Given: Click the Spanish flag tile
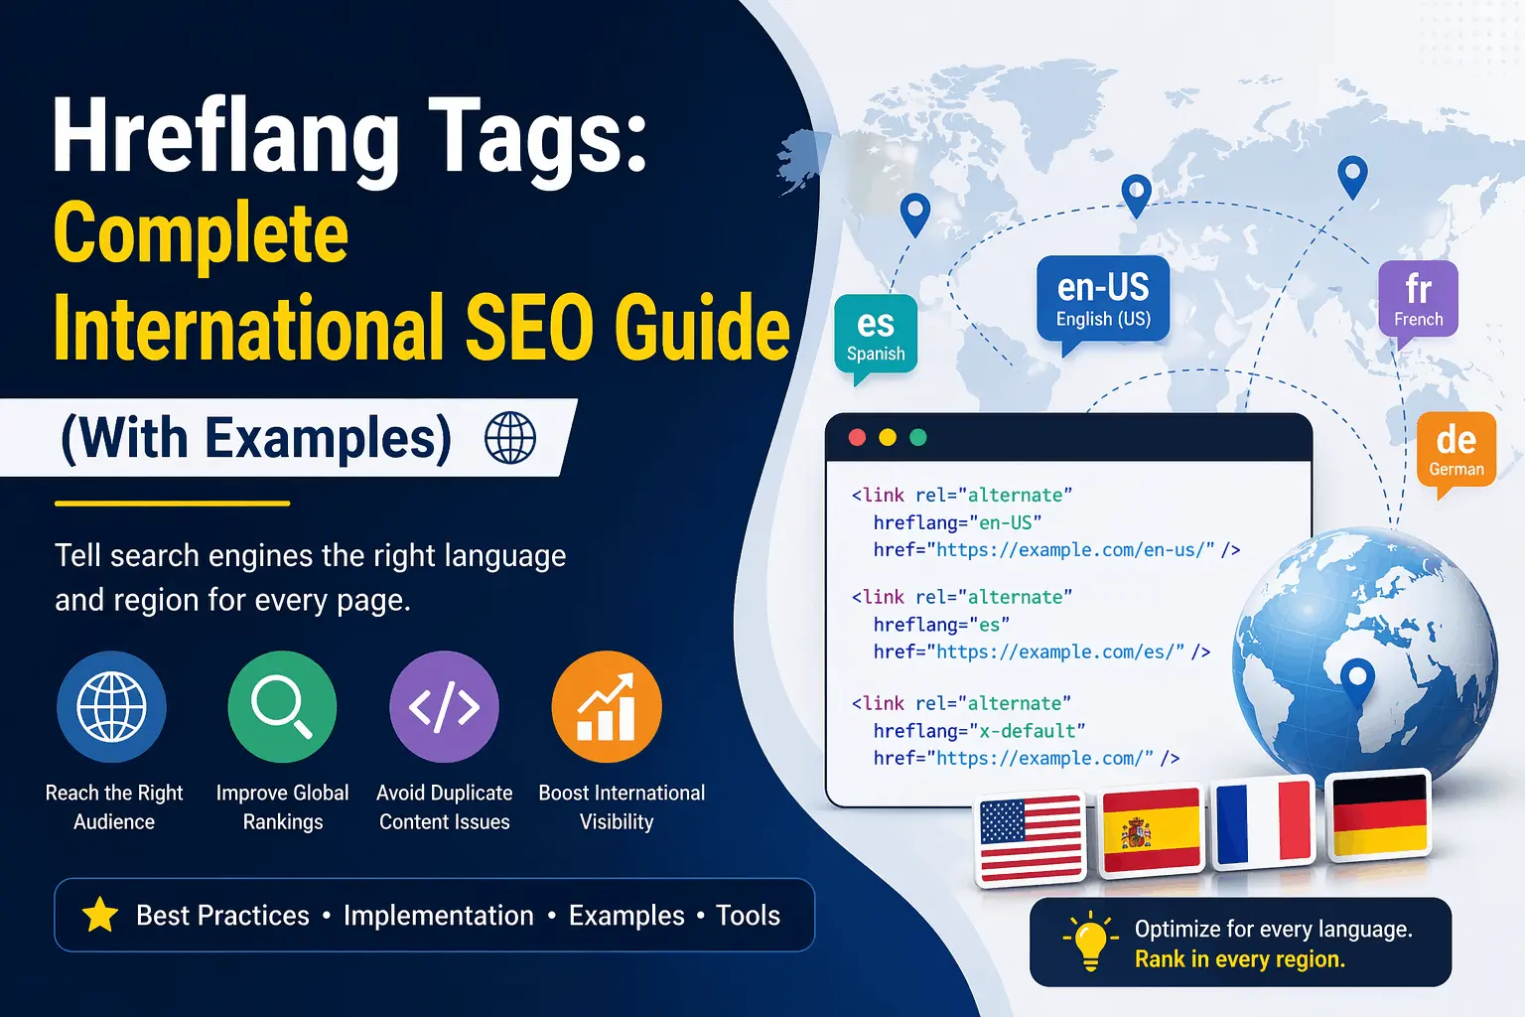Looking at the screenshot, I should [1152, 828].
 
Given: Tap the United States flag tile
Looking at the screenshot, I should [1031, 836].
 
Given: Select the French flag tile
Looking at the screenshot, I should [1264, 821].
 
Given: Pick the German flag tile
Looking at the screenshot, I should [1379, 814].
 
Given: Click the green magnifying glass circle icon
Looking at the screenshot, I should [282, 706].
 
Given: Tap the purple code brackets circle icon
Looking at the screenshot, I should [444, 706].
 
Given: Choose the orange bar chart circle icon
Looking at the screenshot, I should [606, 706].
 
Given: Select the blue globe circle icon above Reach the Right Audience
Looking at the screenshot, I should [111, 706].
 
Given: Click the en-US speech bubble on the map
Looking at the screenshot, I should [1103, 299].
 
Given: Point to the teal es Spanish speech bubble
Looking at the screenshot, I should [876, 335].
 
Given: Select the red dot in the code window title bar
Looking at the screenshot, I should [858, 438].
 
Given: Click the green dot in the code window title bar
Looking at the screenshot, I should [918, 438].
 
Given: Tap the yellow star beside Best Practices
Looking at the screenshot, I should [100, 915].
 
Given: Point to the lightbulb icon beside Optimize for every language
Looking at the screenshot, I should [1089, 941].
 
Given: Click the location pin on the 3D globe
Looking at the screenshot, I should [1356, 680].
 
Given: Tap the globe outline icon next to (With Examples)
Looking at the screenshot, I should [510, 438].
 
